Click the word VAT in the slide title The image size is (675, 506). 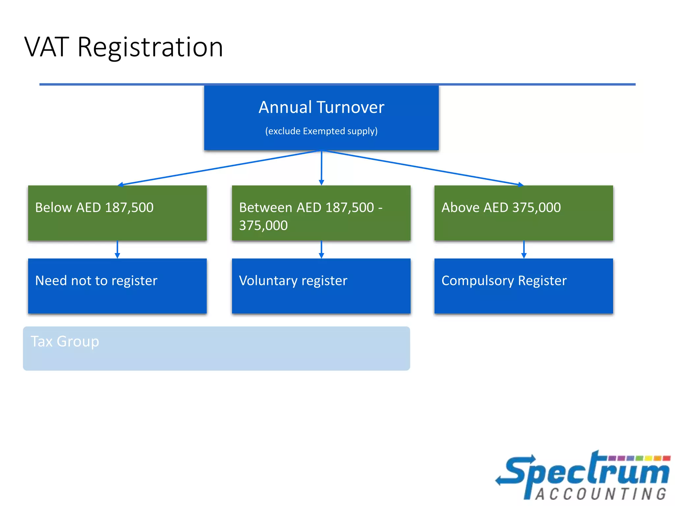point(47,47)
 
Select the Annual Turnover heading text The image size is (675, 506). point(321,107)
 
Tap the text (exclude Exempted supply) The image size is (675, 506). point(321,131)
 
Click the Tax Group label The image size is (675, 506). point(65,342)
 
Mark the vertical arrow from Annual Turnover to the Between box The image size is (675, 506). point(321,168)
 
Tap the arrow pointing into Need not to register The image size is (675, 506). point(117,250)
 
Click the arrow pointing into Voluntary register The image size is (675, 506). point(321,250)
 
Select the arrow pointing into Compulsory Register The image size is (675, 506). point(524,250)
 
